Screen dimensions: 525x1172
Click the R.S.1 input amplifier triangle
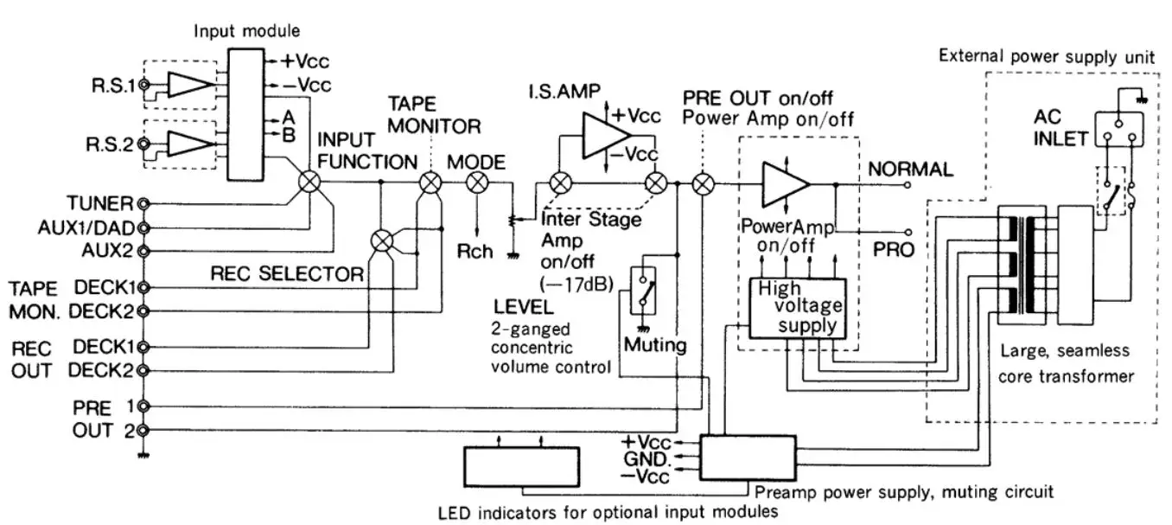coord(188,85)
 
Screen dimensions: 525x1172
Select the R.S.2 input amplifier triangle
coord(188,143)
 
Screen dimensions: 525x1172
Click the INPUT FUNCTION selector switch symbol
coord(309,182)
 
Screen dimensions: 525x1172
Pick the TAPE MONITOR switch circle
coord(430,182)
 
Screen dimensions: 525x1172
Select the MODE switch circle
coord(476,182)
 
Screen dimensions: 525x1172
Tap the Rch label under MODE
coord(476,252)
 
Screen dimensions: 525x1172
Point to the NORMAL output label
coord(910,170)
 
